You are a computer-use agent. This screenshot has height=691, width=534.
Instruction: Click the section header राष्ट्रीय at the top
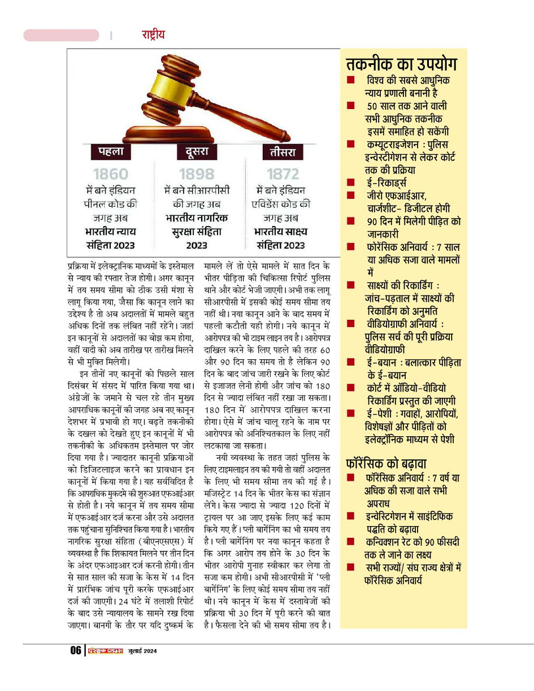pyautogui.click(x=153, y=34)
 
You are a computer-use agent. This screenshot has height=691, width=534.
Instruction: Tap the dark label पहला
pyautogui.click(x=111, y=151)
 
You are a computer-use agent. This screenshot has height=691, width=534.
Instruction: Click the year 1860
pyautogui.click(x=111, y=174)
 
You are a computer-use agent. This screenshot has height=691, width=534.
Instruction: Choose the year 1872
pyautogui.click(x=282, y=174)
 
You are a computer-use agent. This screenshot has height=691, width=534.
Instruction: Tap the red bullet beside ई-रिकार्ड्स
pyautogui.click(x=351, y=182)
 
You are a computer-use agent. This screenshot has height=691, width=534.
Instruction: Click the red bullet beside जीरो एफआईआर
pyautogui.click(x=351, y=195)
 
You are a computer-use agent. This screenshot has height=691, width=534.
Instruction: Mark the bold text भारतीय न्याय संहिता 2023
pyautogui.click(x=111, y=238)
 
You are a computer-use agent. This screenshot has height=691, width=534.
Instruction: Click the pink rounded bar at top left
pyautogui.click(x=61, y=36)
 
